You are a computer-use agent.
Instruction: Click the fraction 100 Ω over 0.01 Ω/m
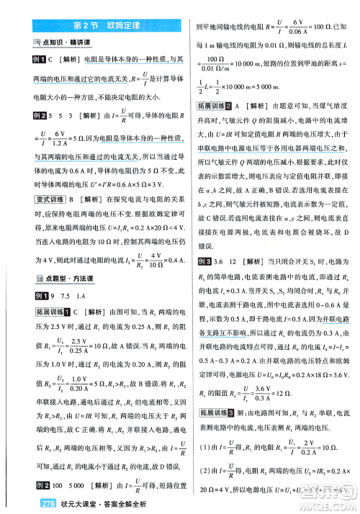click(224, 64)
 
